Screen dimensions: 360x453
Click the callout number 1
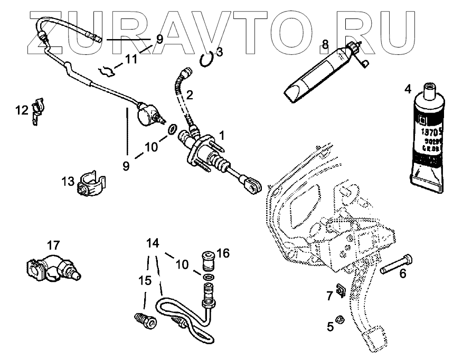(222, 135)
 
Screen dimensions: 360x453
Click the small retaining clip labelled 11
(109, 69)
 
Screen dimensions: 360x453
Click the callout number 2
(190, 96)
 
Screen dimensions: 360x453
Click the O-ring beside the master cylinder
(172, 129)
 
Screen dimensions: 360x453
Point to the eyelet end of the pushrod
(253, 184)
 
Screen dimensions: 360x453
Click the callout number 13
(67, 182)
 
